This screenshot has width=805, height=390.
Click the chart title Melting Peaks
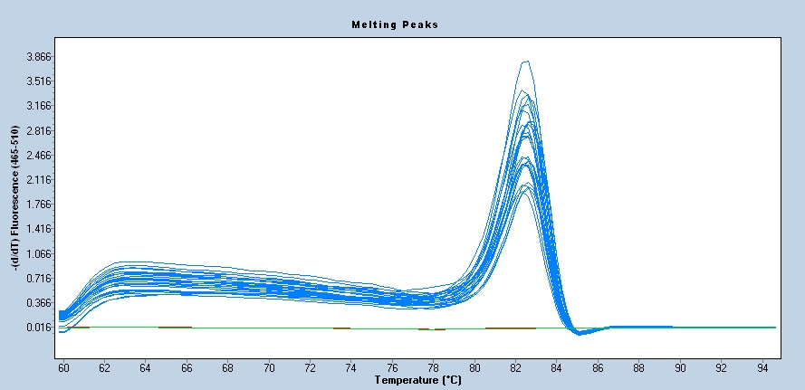(394, 24)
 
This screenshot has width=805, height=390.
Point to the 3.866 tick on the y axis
(36, 57)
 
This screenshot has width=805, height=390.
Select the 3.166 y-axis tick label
(36, 106)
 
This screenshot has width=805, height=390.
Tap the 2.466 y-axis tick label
(36, 156)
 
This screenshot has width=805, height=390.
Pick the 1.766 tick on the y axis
(36, 205)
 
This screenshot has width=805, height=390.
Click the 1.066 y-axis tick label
(36, 253)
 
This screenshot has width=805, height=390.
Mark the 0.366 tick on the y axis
(36, 303)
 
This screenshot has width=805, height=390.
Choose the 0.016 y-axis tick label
(36, 328)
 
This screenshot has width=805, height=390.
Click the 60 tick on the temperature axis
(63, 368)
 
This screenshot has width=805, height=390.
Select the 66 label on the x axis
(187, 368)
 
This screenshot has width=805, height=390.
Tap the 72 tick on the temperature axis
(310, 368)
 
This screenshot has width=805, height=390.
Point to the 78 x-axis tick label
(433, 368)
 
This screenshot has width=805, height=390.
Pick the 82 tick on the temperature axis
(515, 368)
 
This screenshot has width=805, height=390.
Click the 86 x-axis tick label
(598, 368)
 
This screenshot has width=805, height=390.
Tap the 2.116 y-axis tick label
(36, 180)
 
